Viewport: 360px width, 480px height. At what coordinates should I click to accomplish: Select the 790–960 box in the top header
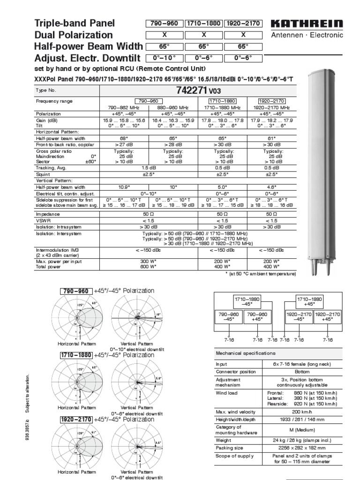tap(165, 23)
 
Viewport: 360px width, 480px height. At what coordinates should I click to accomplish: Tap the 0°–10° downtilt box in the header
tap(165, 58)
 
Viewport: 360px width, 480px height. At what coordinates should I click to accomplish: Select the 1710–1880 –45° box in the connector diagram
tap(247, 301)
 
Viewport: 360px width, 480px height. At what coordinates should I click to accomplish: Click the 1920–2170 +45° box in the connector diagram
tap(329, 315)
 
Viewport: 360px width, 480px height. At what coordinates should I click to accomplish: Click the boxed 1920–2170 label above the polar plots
tap(76, 419)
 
